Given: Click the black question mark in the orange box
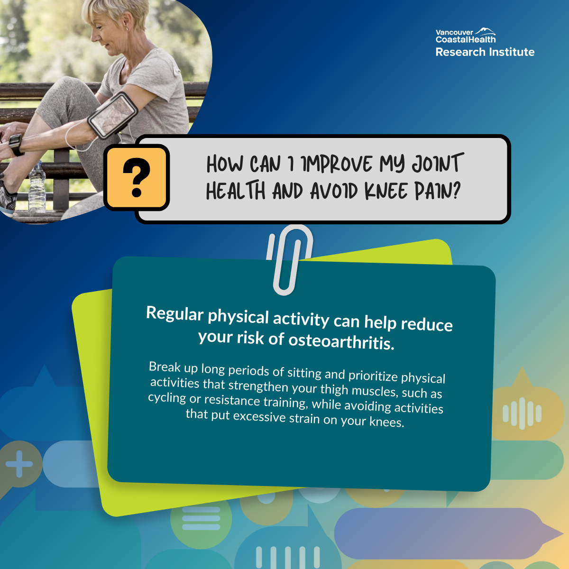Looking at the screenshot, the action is coord(137,177).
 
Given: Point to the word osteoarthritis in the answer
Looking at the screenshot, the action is coord(341,341).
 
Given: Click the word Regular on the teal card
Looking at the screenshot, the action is coord(175,313).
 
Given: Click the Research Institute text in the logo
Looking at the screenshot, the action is coord(485,52).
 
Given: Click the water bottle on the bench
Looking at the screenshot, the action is coord(37,187).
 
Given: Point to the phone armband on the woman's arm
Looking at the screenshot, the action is coord(113,115).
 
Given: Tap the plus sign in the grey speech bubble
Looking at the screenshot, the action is coord(19,464).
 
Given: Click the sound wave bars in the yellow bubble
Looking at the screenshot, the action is coord(522,413).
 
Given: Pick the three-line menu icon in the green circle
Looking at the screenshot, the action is coord(201,518).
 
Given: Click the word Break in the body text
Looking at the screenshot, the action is coord(165,367).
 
